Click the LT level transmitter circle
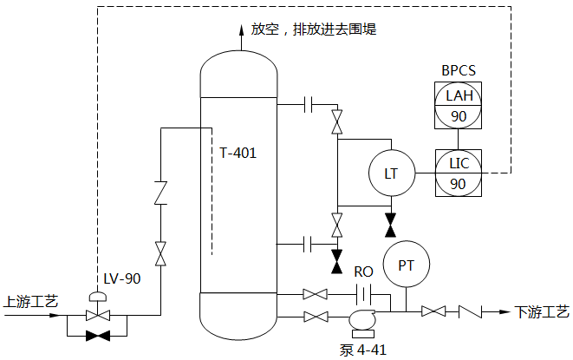391,173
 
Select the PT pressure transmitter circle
406,265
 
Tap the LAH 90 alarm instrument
459,104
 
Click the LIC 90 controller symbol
459,173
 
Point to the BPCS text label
459,69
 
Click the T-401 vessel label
238,153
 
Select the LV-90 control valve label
121,278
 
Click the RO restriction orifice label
363,272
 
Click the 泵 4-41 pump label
363,350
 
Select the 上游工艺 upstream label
31,302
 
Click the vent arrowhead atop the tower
239,31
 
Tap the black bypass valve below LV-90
98,336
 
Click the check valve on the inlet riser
160,193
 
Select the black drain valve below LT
390,226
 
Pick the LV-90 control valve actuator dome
98,297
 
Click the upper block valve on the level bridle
336,121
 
